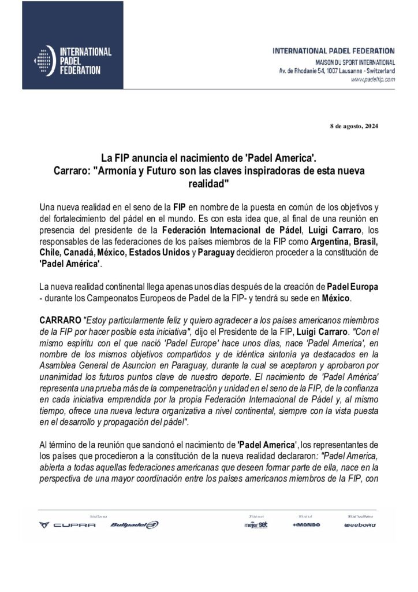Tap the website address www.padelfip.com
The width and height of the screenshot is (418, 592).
(373, 79)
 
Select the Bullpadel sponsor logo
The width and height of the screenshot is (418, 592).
(133, 524)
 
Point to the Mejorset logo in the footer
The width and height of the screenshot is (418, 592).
(255, 524)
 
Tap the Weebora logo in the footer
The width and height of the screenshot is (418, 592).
(360, 525)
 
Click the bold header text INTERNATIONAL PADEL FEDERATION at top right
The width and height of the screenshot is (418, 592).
(334, 51)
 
